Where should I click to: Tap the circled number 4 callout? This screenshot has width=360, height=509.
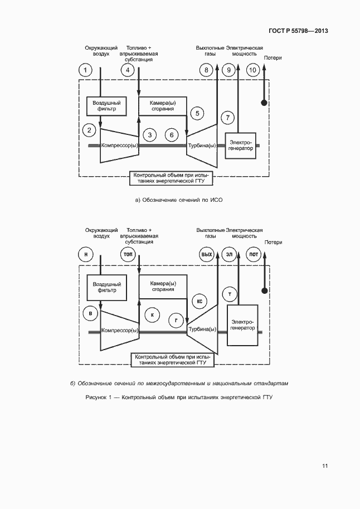point(128,70)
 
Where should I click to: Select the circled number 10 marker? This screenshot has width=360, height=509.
point(252,70)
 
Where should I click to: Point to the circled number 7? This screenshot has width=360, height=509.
point(227,117)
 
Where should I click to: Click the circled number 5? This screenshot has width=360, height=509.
point(197,113)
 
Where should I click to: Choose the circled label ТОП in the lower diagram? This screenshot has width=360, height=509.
point(128,254)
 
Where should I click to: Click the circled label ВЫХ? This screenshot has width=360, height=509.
point(207,254)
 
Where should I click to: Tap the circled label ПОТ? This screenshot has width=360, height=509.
point(253,254)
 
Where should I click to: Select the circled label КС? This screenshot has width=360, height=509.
point(199,301)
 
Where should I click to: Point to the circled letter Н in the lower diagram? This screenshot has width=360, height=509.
point(85,254)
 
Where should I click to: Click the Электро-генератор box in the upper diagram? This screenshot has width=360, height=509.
point(240,146)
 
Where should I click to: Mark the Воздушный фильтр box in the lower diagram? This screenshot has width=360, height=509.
point(104,287)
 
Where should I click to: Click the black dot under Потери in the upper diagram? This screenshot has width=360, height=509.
point(265,103)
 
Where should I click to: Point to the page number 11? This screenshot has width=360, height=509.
point(325,466)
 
